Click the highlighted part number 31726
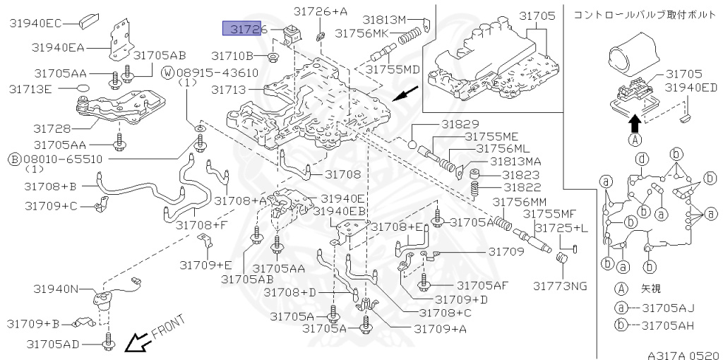pyautogui.click(x=244, y=28)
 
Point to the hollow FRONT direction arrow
pyautogui.click(x=134, y=343)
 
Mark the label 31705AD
pyautogui.click(x=53, y=344)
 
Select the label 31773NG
pyautogui.click(x=560, y=286)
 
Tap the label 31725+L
pyautogui.click(x=561, y=227)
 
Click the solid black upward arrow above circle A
pyautogui.click(x=634, y=124)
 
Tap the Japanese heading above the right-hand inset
pyautogui.click(x=644, y=14)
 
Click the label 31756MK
pyautogui.click(x=362, y=32)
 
